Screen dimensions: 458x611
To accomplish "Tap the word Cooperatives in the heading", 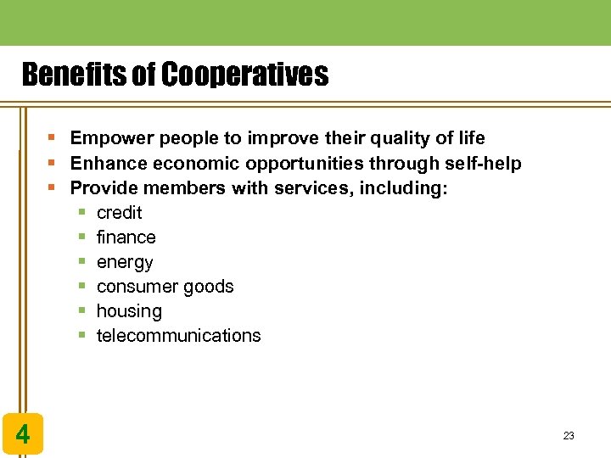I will [x=244, y=76].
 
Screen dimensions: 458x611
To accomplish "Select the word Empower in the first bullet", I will [x=106, y=138].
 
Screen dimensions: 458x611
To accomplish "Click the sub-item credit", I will [x=119, y=213].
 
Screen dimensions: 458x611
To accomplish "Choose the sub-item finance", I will [x=126, y=237].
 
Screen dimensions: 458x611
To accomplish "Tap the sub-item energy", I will [x=125, y=263].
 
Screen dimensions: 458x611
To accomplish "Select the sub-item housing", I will [x=129, y=311].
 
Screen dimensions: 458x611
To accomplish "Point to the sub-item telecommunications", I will [x=178, y=336].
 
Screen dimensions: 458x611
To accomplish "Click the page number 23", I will [x=569, y=436].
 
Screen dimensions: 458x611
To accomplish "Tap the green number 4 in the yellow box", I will [x=23, y=435].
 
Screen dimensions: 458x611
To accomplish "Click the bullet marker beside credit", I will [x=82, y=213].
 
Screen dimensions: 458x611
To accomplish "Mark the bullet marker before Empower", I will [x=53, y=138].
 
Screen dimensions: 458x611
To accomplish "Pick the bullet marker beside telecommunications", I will [x=82, y=336].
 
